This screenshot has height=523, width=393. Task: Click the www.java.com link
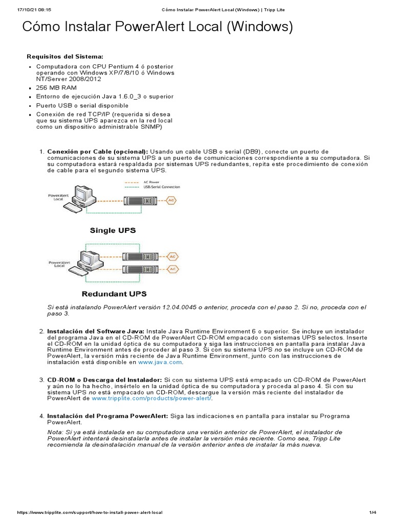point(160,362)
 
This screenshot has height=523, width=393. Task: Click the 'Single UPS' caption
point(113,230)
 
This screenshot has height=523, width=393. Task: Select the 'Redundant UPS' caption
point(114,294)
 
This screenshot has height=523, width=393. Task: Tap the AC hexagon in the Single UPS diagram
point(171,201)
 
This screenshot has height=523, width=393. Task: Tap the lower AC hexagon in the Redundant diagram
point(173,269)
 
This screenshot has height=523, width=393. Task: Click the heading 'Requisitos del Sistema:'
point(65,56)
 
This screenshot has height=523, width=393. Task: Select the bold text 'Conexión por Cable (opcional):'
point(97,152)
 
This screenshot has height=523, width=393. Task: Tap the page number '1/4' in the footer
point(372,512)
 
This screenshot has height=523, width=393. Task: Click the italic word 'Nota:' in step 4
point(55,432)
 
